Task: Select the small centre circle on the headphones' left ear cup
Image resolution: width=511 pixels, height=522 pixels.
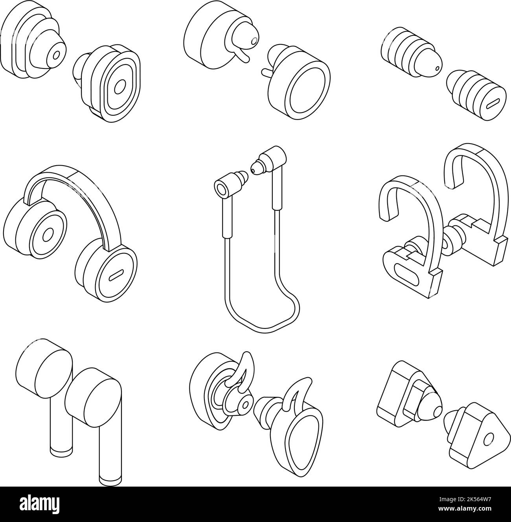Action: pos(48,235)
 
